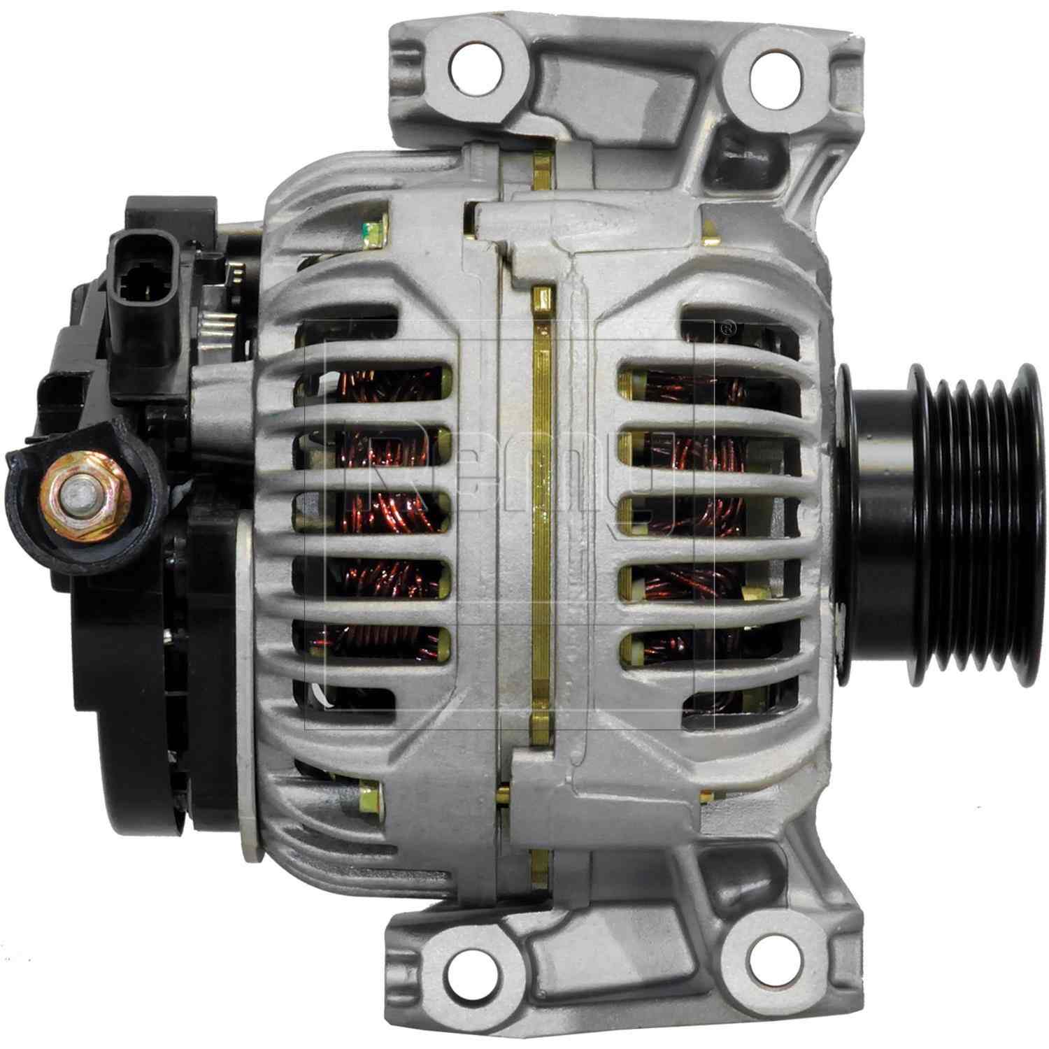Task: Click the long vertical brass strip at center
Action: pyautogui.click(x=541, y=524)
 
